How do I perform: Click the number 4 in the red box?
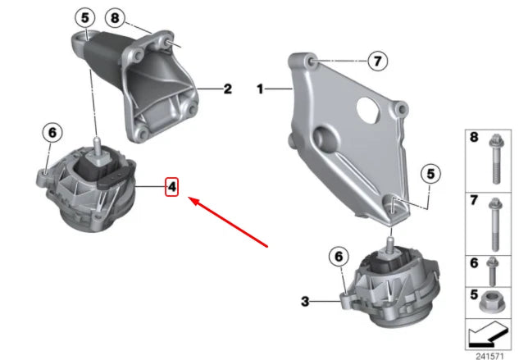point(172,188)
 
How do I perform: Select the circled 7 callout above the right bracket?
point(376,61)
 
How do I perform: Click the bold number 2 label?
point(227,89)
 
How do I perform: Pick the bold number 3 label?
point(305,302)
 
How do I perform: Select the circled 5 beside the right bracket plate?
point(431,173)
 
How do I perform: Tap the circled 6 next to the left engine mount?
point(51,132)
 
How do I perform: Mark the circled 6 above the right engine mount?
point(336,256)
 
